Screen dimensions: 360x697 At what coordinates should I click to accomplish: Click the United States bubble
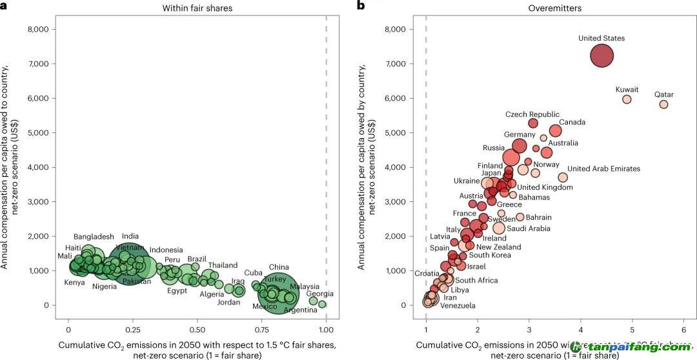click(602, 55)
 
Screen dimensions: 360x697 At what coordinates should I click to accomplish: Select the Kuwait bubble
click(627, 99)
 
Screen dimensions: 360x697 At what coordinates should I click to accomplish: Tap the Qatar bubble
click(663, 105)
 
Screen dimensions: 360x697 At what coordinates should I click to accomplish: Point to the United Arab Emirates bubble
click(563, 177)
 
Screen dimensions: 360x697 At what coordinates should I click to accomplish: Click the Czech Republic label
click(532, 115)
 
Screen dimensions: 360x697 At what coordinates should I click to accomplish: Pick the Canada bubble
click(556, 131)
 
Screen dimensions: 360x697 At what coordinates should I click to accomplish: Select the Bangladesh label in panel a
click(94, 237)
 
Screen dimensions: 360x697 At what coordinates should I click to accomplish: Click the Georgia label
click(320, 294)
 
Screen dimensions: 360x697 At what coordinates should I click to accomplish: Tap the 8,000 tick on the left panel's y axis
click(37, 29)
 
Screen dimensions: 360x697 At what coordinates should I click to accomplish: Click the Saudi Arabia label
click(529, 228)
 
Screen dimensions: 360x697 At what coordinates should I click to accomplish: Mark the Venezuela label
click(458, 306)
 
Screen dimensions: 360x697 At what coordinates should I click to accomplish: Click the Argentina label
click(300, 310)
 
